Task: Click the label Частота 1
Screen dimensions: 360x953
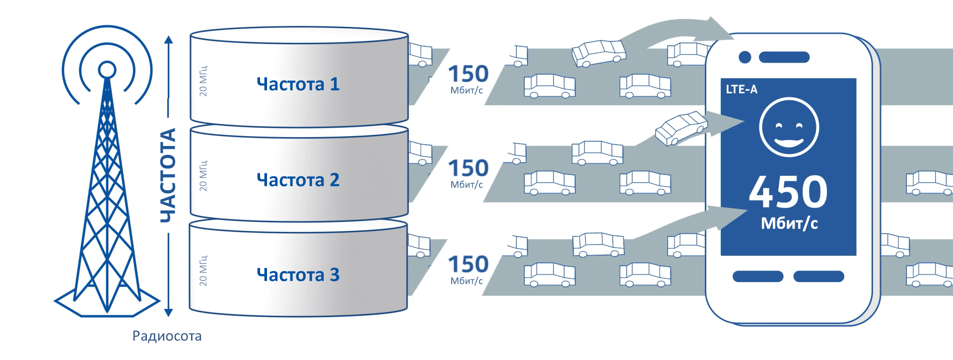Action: click(x=298, y=84)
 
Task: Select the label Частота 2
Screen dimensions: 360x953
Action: click(x=298, y=179)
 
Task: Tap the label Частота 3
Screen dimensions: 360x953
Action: click(x=298, y=275)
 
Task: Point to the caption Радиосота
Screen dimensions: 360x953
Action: click(x=167, y=336)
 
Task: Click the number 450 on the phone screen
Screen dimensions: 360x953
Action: click(x=788, y=193)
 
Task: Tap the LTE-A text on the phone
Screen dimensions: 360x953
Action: click(x=742, y=89)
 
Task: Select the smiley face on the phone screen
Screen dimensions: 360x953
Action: click(x=789, y=128)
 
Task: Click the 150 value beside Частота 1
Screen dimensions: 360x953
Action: click(x=468, y=74)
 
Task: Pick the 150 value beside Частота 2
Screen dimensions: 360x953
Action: click(x=468, y=169)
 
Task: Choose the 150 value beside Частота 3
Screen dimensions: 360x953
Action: click(x=468, y=265)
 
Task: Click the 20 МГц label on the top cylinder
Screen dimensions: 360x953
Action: click(x=203, y=80)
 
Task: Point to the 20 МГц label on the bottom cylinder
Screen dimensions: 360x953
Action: click(x=203, y=271)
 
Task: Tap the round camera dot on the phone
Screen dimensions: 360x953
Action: click(x=745, y=57)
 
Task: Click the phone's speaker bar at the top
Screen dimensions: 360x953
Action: click(x=784, y=57)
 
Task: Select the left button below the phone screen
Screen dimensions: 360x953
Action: click(x=758, y=276)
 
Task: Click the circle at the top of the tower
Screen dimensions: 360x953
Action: click(x=107, y=70)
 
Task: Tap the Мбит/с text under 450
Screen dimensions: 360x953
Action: click(x=789, y=223)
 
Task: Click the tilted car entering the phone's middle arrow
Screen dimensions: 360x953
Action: click(x=681, y=128)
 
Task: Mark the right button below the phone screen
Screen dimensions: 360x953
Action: click(x=818, y=276)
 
